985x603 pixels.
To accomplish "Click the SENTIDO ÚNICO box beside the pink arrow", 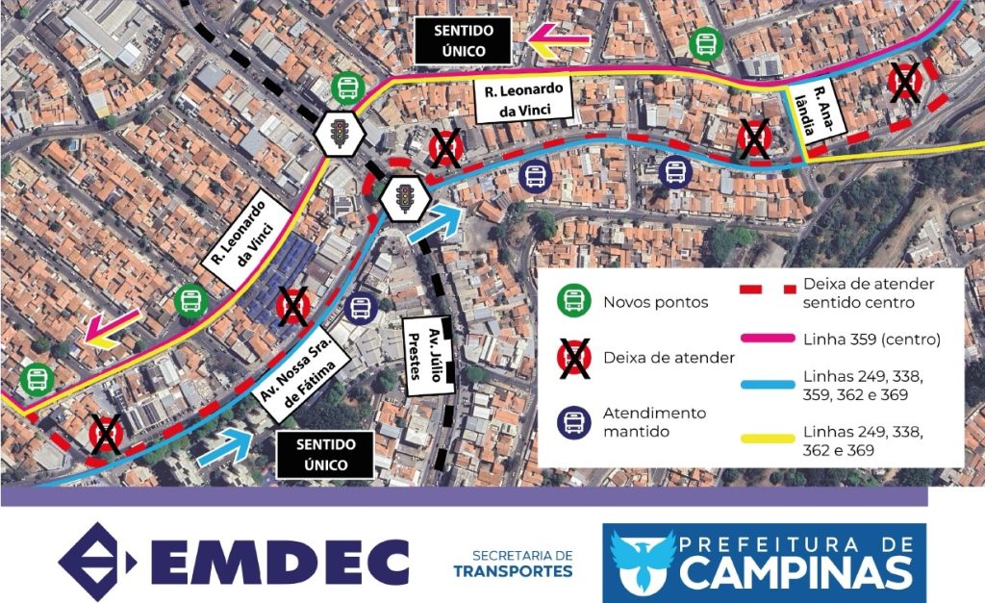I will pos(463,40).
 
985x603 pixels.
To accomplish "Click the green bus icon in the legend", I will pos(574,301).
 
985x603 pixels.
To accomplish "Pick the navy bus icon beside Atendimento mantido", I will pos(574,421).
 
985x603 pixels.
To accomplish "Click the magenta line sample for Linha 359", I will pos(767,339).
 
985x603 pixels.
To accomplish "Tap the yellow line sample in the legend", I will pos(767,439).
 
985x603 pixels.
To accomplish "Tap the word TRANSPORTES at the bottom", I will pos(513,572).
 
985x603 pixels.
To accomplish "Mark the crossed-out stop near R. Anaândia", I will pos(904,83).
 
